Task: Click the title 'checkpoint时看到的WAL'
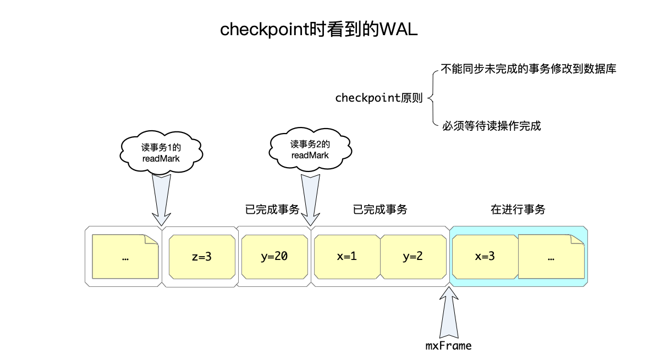pyautogui.click(x=319, y=30)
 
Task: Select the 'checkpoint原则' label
pyautogui.click(x=378, y=98)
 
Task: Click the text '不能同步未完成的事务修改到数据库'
pyautogui.click(x=528, y=70)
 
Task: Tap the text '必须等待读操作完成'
pyautogui.click(x=491, y=126)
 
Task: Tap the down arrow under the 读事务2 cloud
pyautogui.click(x=310, y=199)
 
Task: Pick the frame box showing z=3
pyautogui.click(x=201, y=257)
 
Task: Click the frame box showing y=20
pyautogui.click(x=274, y=257)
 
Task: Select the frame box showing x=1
pyautogui.click(x=346, y=257)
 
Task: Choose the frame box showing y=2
pyautogui.click(x=413, y=257)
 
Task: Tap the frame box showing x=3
pyautogui.click(x=484, y=257)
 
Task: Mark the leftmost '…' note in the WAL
pyautogui.click(x=125, y=257)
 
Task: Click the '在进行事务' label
pyautogui.click(x=518, y=209)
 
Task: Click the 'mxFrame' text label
pyautogui.click(x=449, y=346)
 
